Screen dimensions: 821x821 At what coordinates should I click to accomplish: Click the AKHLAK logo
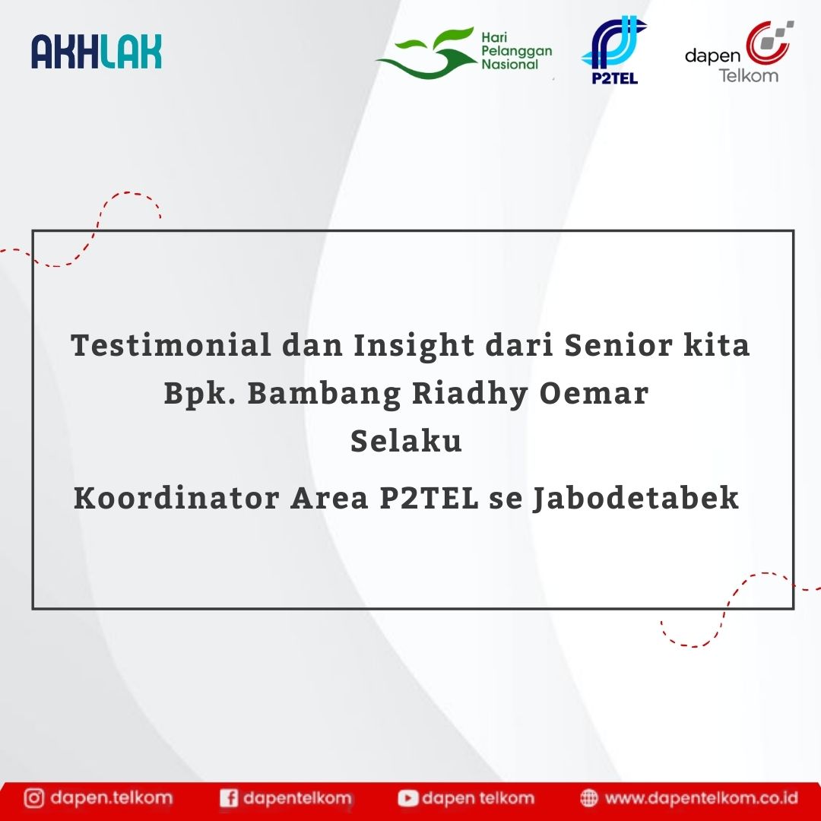pyautogui.click(x=97, y=52)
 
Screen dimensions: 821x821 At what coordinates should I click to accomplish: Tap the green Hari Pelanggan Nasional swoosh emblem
pyautogui.click(x=426, y=53)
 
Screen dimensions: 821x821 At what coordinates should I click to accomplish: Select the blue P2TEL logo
pyautogui.click(x=613, y=49)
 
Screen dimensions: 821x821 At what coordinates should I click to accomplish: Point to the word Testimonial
pyautogui.click(x=171, y=345)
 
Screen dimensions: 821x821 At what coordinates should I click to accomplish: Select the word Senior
pyautogui.click(x=618, y=345)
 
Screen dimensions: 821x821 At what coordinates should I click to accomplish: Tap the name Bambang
pyautogui.click(x=324, y=395)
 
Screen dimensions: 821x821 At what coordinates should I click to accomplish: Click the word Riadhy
pyautogui.click(x=471, y=395)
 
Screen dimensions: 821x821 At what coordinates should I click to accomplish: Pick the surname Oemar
pyautogui.click(x=594, y=393)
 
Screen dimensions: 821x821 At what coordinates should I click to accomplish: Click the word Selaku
pyautogui.click(x=406, y=440)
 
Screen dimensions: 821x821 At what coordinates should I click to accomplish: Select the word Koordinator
pyautogui.click(x=176, y=497)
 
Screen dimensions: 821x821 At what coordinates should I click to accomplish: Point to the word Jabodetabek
pyautogui.click(x=636, y=499)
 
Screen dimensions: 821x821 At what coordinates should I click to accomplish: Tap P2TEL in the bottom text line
pyautogui.click(x=430, y=497)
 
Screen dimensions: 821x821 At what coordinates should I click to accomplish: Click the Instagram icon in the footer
pyautogui.click(x=34, y=798)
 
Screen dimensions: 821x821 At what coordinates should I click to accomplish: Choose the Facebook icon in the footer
pyautogui.click(x=229, y=798)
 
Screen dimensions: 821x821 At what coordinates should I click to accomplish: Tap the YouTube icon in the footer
pyautogui.click(x=408, y=798)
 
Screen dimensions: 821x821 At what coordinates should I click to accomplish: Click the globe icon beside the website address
pyautogui.click(x=589, y=798)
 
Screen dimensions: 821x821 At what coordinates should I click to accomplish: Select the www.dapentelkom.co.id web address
pyautogui.click(x=702, y=798)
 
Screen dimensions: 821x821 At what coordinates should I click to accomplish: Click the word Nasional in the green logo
pyautogui.click(x=510, y=65)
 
